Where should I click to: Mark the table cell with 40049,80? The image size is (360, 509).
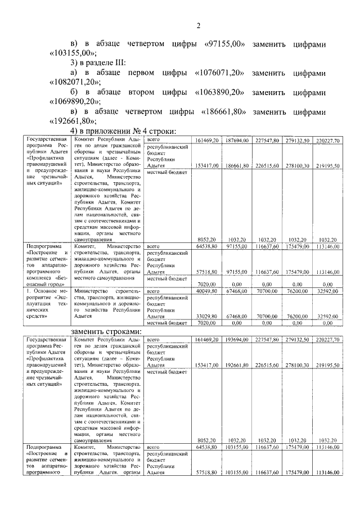coord(205,291)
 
